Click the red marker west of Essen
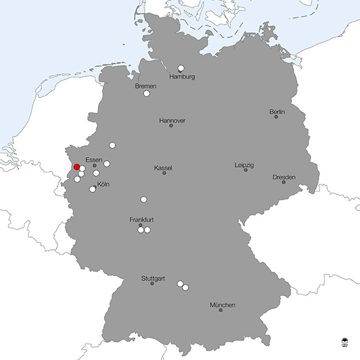coord(77,167)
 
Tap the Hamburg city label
coord(182,77)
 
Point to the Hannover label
coord(172,120)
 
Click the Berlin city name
coord(277,112)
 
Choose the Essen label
coord(94,160)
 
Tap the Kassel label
coord(163,168)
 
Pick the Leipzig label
coord(244,165)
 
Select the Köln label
coord(104,184)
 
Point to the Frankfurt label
coord(142,220)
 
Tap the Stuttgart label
coord(153,278)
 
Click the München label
coord(222,305)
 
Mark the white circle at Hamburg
coord(181,68)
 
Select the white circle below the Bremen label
coord(147,94)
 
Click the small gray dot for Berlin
coord(276,117)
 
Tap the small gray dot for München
coord(220,310)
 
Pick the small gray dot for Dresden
coord(284,182)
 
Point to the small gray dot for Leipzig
coord(245,170)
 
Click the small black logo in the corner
coord(345,341)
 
